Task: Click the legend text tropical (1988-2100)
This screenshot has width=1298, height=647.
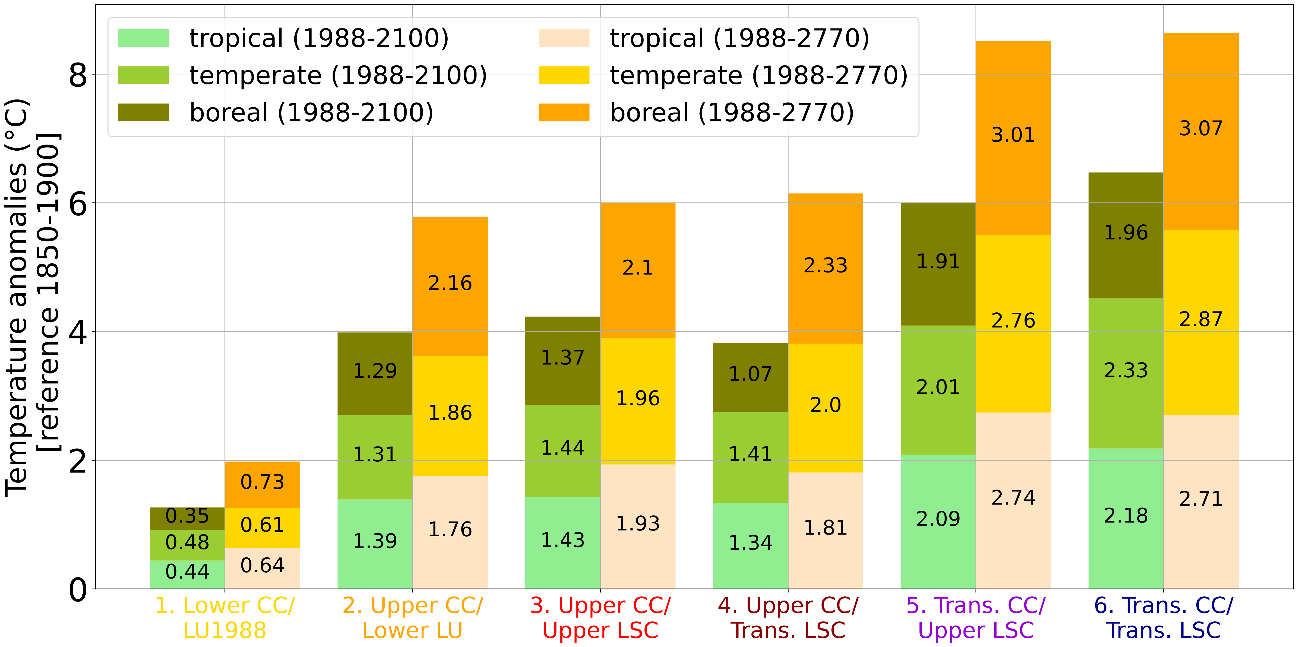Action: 318,38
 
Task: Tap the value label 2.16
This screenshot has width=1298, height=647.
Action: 450,283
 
